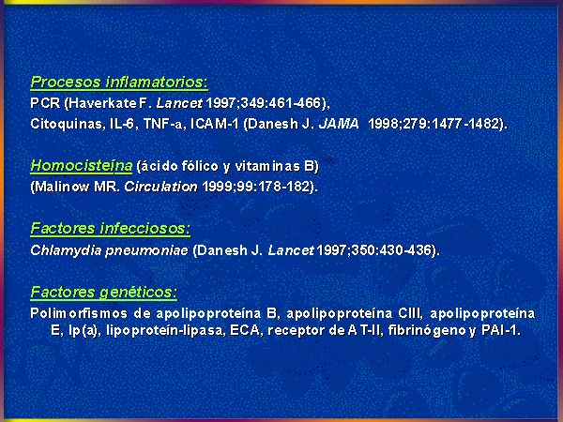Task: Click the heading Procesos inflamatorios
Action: (x=119, y=83)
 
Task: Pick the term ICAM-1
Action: (x=214, y=124)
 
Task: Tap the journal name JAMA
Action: (x=339, y=124)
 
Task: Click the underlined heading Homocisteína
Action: (x=82, y=166)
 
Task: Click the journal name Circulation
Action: (x=160, y=187)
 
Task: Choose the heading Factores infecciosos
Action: (x=110, y=229)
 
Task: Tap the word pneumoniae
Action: (x=147, y=250)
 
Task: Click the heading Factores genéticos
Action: (x=104, y=292)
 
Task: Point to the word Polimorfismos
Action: (x=79, y=313)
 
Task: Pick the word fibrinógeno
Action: (x=427, y=330)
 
